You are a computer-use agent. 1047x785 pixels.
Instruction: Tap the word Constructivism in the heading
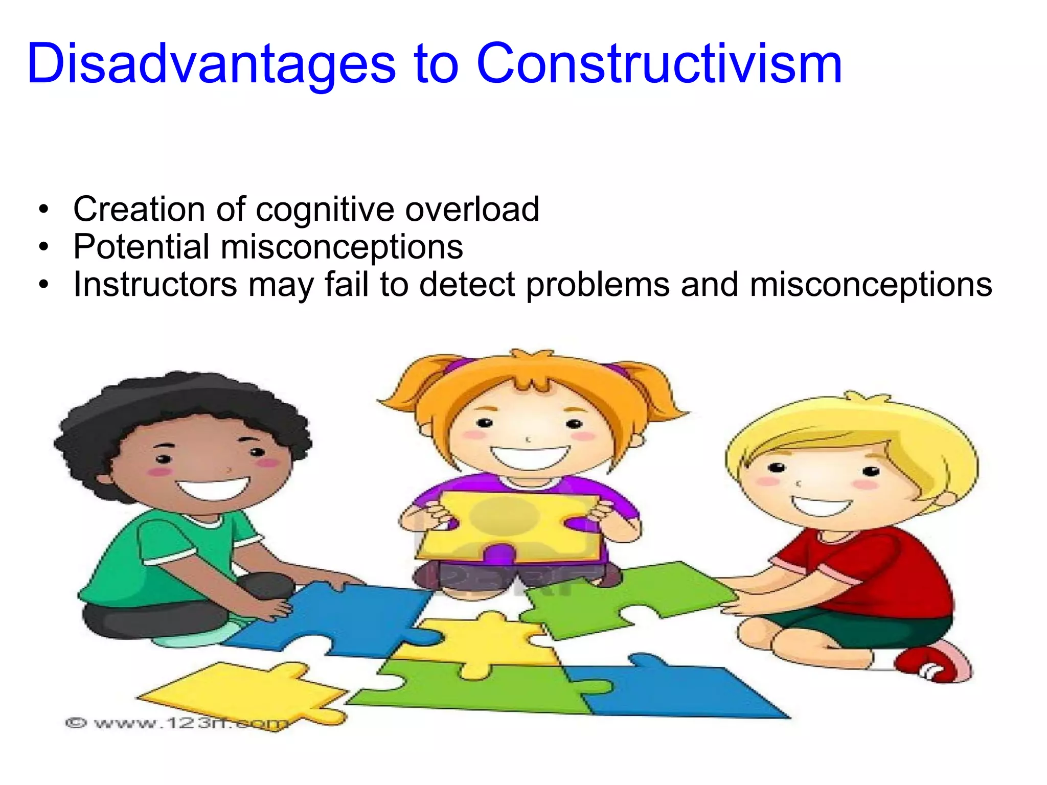659,64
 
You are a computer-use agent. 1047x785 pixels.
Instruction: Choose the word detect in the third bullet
467,284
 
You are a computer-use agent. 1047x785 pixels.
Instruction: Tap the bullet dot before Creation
44,210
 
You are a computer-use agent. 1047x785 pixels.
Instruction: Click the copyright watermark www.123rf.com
176,723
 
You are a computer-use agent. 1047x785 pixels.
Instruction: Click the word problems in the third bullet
598,285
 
